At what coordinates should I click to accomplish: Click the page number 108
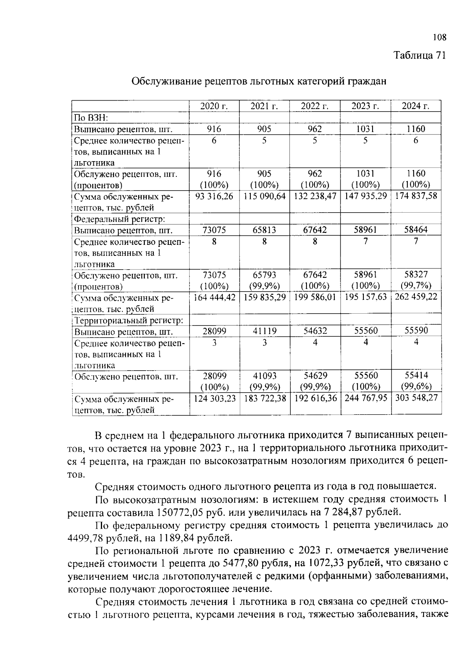click(439, 38)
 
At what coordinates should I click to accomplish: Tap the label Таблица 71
click(420, 55)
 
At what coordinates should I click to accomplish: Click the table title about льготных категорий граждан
click(259, 81)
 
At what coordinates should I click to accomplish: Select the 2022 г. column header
click(315, 106)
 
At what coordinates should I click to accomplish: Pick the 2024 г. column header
click(416, 106)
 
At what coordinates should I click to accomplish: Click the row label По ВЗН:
click(91, 118)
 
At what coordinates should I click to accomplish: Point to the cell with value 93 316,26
click(214, 196)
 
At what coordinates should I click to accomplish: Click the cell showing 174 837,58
click(416, 196)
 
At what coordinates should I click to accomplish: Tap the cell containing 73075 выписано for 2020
click(214, 230)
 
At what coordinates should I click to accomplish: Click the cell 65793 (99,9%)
click(265, 280)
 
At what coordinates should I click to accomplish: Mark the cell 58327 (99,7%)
click(416, 280)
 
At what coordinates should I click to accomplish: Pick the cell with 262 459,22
click(416, 297)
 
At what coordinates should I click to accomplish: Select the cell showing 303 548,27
click(416, 398)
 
